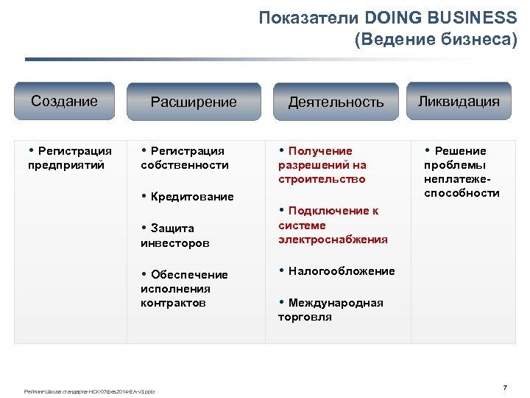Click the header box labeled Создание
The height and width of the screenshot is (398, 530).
64,101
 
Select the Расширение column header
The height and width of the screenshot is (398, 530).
194,102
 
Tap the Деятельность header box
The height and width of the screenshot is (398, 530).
336,102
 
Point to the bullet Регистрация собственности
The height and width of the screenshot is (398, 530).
184,158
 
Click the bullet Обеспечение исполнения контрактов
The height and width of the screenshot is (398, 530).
184,288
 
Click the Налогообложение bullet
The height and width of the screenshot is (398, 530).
336,271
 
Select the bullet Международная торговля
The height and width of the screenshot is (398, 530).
331,310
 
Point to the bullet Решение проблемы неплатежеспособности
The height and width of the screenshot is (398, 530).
462,172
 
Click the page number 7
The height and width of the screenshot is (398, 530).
505,388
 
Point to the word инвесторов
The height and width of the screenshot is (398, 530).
175,242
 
